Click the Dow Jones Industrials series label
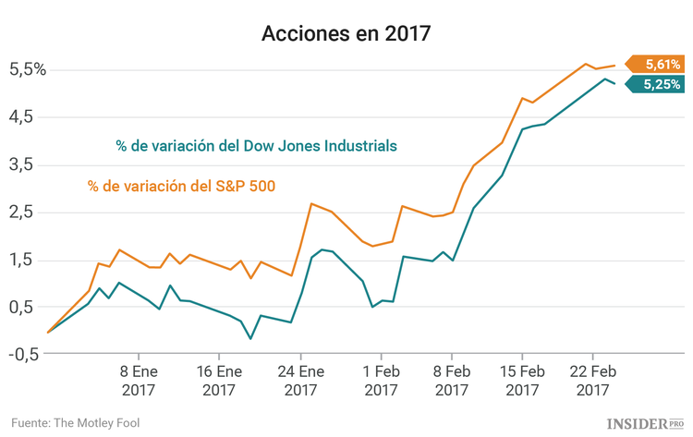click(257, 146)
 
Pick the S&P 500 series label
click(182, 186)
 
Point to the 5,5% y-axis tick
click(28, 69)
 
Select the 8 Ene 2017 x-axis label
click(138, 382)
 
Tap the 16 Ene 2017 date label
click(218, 382)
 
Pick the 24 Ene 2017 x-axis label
click(299, 382)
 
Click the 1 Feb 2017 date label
click(381, 382)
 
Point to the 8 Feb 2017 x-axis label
click(451, 382)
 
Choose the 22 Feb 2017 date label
click(592, 382)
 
